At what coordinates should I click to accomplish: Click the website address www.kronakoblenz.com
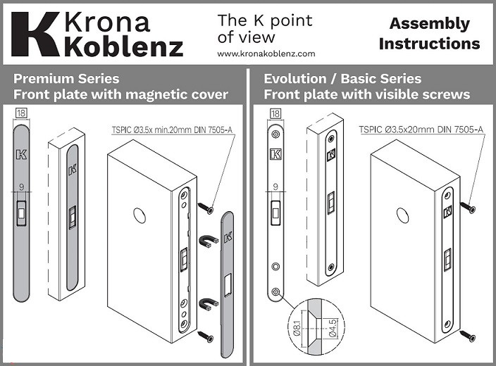click(x=266, y=53)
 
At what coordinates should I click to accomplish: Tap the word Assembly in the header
click(x=429, y=23)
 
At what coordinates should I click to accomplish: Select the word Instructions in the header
click(x=429, y=43)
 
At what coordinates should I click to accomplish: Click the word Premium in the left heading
click(x=44, y=78)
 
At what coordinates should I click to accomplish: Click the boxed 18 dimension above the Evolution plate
click(x=275, y=113)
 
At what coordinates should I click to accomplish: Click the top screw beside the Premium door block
click(x=206, y=207)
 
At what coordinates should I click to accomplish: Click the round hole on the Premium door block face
click(x=139, y=216)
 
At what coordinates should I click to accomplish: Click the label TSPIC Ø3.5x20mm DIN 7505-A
click(x=421, y=130)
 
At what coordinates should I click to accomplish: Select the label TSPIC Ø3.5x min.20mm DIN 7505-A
click(x=172, y=130)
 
